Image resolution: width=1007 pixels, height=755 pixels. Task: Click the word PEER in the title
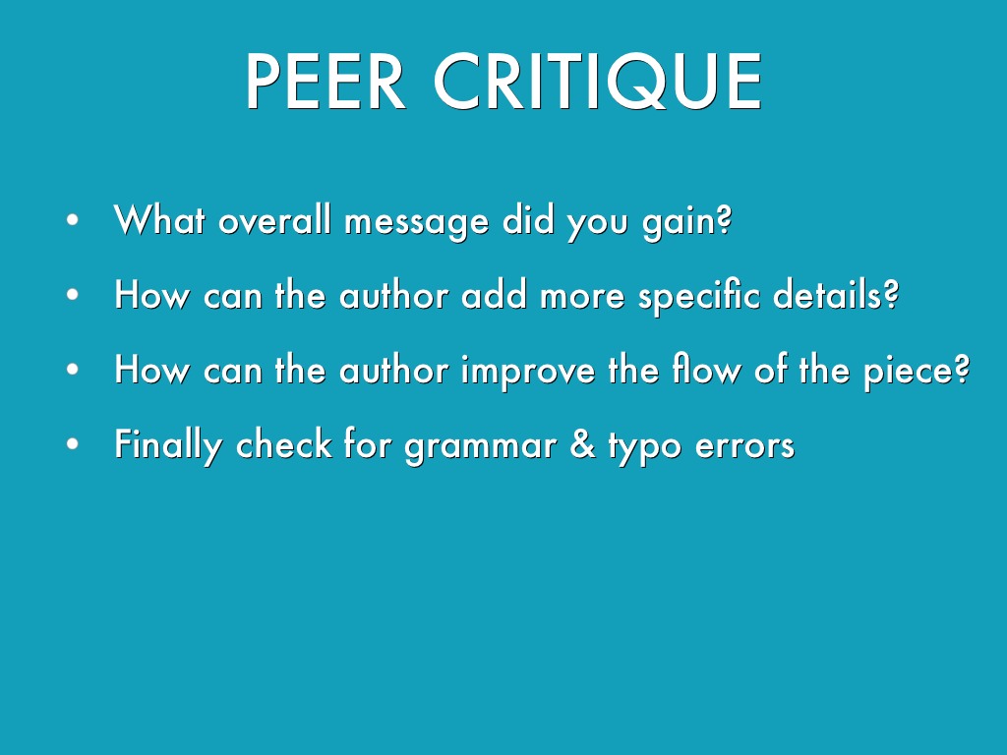point(326,81)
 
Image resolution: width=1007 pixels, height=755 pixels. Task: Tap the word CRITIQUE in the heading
point(598,83)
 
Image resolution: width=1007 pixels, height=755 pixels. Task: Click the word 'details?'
point(836,295)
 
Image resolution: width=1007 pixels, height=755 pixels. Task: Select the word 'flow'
point(706,370)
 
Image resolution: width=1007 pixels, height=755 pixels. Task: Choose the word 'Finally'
point(168,446)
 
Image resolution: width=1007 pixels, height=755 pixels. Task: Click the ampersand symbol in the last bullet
point(582,444)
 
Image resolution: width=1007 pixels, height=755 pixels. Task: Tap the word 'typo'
point(644,447)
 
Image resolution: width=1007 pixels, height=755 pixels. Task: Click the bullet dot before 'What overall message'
point(72,220)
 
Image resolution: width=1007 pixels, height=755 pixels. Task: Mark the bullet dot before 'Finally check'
point(72,443)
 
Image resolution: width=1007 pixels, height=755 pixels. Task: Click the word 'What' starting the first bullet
point(159,219)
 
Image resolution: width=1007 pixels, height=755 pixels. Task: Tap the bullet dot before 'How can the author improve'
point(72,370)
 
